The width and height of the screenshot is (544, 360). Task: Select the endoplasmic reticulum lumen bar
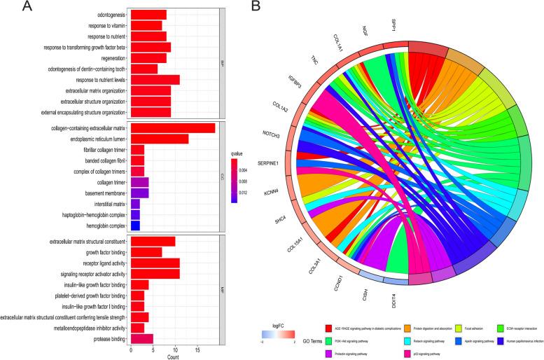(x=160, y=139)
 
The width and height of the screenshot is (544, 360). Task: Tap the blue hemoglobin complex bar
(x=135, y=226)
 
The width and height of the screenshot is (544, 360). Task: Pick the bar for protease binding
(x=142, y=339)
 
